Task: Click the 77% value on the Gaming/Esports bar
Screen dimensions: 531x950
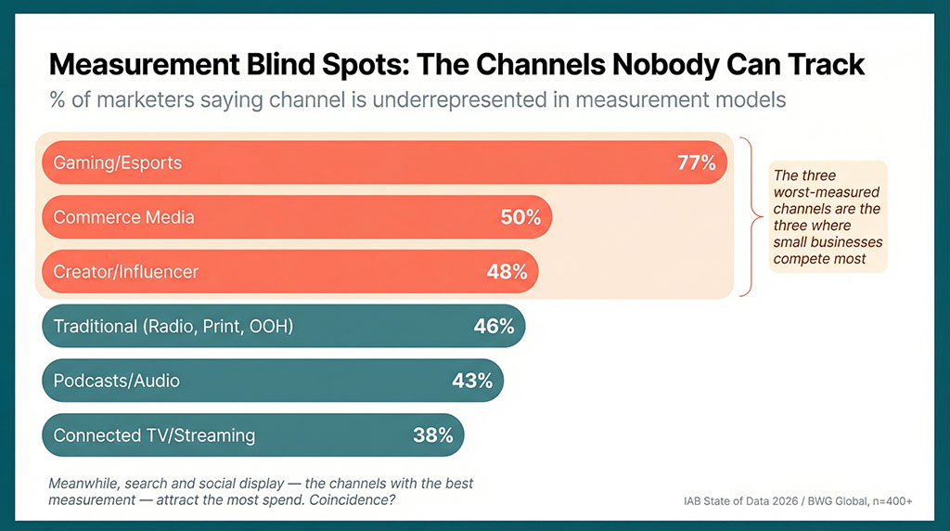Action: click(696, 163)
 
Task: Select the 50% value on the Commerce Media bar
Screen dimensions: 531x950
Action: click(520, 217)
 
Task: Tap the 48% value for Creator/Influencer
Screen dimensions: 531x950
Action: click(507, 272)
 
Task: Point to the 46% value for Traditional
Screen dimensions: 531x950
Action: click(494, 326)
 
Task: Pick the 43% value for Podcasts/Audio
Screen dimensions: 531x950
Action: click(471, 381)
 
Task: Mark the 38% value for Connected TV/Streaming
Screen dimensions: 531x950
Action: click(432, 434)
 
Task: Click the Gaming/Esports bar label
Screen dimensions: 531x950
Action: click(118, 163)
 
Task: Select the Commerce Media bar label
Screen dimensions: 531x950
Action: click(124, 217)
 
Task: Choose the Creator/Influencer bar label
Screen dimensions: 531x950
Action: click(126, 272)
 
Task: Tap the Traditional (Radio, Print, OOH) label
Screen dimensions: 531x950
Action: click(173, 326)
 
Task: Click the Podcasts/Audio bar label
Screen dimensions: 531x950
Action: click(117, 381)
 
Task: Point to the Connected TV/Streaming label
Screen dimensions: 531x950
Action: click(154, 434)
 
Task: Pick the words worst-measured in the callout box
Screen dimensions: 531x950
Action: click(816, 192)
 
